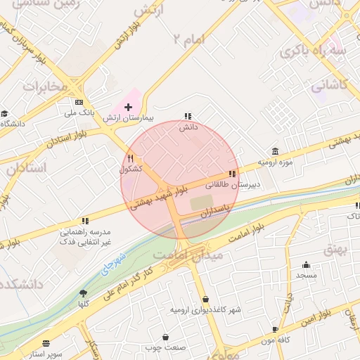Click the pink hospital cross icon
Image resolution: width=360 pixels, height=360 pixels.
(x=128, y=107)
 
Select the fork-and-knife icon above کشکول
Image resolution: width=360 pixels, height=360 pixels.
(x=130, y=158)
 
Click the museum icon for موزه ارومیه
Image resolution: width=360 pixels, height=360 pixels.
(x=274, y=152)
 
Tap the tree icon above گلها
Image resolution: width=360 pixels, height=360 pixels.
(x=84, y=293)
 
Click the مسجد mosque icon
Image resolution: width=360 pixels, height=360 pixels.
(x=306, y=265)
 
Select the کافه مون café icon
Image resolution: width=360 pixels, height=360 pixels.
(x=274, y=328)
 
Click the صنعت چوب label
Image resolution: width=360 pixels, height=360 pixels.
(x=165, y=347)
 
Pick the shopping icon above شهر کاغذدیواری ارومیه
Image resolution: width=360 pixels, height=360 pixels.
(x=205, y=298)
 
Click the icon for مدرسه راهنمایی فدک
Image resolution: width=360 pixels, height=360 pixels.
(x=84, y=220)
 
